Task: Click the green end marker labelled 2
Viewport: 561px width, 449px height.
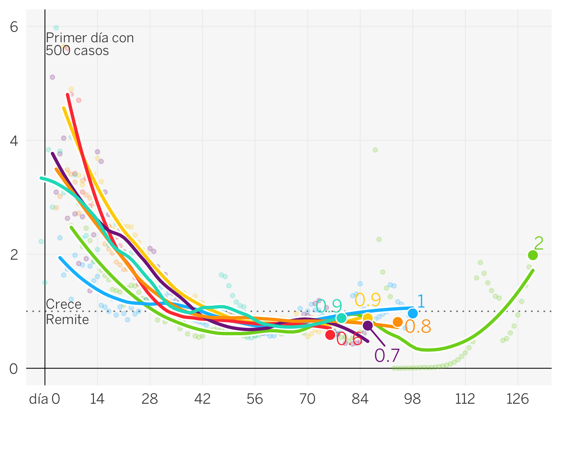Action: point(533,255)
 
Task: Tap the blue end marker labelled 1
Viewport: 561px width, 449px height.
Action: point(413,313)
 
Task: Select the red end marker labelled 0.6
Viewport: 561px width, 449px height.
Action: point(330,335)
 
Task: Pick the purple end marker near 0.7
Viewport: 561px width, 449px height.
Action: point(368,326)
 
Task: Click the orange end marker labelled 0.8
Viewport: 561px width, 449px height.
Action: point(398,322)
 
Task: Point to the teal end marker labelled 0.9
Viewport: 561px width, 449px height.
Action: point(341,318)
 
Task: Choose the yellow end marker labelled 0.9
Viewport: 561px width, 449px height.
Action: point(368,318)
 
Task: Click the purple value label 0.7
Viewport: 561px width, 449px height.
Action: point(387,355)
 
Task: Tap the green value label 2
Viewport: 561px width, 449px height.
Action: point(539,244)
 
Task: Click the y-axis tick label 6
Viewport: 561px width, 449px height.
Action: point(14,27)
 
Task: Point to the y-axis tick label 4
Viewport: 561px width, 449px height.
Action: point(14,141)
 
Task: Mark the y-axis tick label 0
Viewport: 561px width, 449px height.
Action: point(14,369)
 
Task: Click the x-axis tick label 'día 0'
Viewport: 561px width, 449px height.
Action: point(45,399)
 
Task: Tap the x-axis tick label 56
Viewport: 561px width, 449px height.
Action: point(255,399)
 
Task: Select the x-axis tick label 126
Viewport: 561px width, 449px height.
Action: point(518,399)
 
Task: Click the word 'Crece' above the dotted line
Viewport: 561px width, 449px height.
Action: point(64,304)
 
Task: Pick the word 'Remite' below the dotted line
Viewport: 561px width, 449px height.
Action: point(67,320)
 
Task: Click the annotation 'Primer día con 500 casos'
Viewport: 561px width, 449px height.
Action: point(89,44)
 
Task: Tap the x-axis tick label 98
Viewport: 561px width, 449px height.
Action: point(413,399)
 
